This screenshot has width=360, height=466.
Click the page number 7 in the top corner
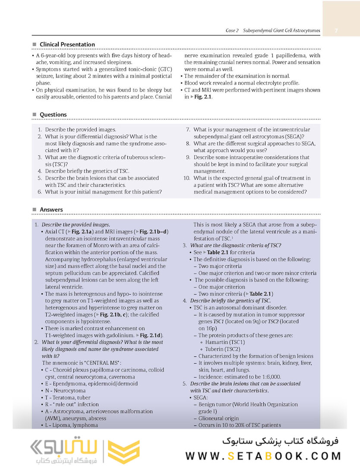point(336,31)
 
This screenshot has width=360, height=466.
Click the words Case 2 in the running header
point(232,31)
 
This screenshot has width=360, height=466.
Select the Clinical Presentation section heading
point(67,44)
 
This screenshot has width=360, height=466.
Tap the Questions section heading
point(53,115)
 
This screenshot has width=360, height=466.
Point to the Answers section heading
point(51,210)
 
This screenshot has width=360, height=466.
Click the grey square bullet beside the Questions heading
point(35,115)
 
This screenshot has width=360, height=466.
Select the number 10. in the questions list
point(186,178)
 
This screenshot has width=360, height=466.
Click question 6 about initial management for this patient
point(103,192)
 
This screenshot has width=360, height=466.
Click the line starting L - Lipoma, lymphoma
point(72,425)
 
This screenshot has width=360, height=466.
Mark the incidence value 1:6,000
point(271,377)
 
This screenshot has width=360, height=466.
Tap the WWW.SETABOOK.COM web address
point(263,456)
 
